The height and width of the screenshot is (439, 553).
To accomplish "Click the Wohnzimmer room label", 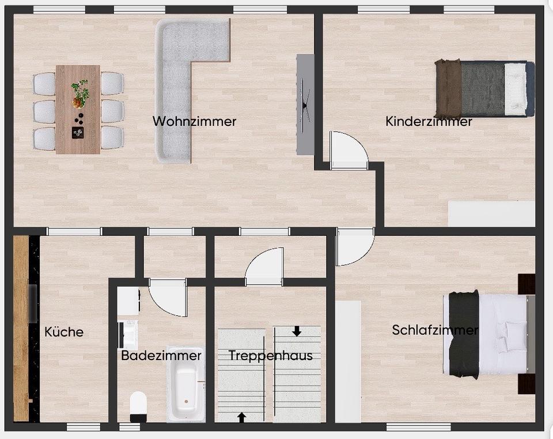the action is pyautogui.click(x=194, y=121).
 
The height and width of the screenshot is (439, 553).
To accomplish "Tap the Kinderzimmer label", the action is pyautogui.click(x=429, y=121).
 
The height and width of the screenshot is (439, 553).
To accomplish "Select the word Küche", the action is pyautogui.click(x=64, y=331).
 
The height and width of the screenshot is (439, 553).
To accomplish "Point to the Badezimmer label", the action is pyautogui.click(x=161, y=355).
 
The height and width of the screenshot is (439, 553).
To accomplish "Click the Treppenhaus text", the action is pyautogui.click(x=271, y=356).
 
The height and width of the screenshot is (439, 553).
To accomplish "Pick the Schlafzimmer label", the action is pyautogui.click(x=435, y=330).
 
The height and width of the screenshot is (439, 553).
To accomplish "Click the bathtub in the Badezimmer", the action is pyautogui.click(x=186, y=384).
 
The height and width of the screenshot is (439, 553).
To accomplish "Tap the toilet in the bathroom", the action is pyautogui.click(x=138, y=407).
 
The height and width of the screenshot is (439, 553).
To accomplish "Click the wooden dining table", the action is pyautogui.click(x=78, y=109).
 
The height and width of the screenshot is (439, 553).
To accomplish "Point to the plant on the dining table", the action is pyautogui.click(x=79, y=94).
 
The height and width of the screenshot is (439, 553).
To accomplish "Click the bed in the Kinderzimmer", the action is pyautogui.click(x=485, y=89).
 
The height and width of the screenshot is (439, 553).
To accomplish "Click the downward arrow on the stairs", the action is pyautogui.click(x=297, y=331).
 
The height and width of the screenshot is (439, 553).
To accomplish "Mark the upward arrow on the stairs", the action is pyautogui.click(x=241, y=418).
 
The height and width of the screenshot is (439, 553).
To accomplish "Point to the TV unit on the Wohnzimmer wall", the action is pyautogui.click(x=305, y=105).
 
